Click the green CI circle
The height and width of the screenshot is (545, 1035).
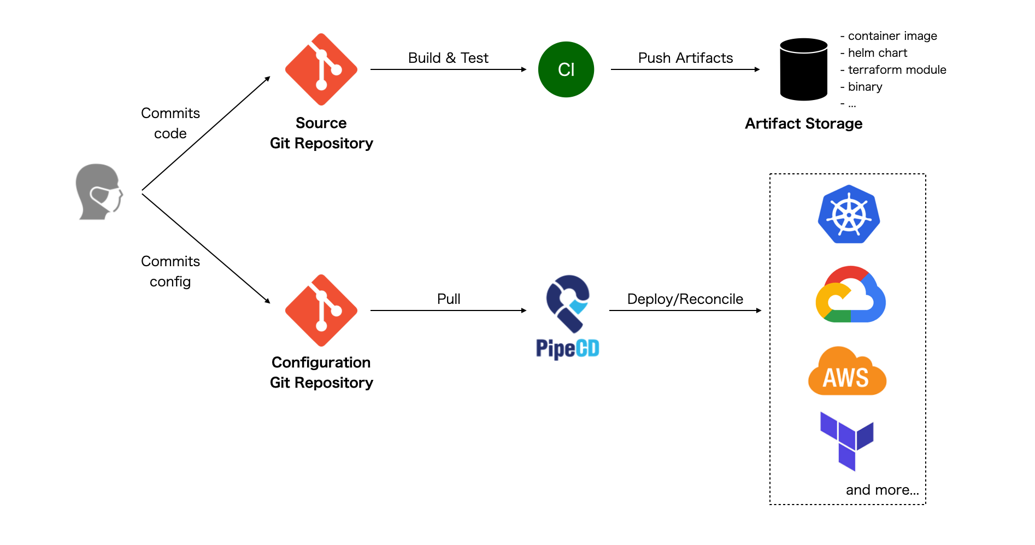(x=566, y=69)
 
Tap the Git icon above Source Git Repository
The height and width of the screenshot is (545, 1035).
(x=321, y=69)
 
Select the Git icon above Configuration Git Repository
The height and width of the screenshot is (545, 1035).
(x=321, y=310)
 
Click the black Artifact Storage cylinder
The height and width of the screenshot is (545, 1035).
(x=803, y=69)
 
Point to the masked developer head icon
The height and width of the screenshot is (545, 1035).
(x=99, y=192)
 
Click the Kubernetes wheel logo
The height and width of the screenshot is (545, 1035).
(x=849, y=215)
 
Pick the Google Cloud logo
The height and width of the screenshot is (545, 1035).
(x=850, y=295)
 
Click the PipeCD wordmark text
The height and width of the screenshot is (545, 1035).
(x=567, y=348)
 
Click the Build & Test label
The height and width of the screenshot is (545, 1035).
(x=448, y=58)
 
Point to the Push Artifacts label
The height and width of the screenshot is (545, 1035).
(x=685, y=58)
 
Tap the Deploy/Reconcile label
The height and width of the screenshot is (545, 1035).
(x=685, y=299)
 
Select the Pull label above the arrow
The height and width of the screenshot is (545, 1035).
(x=449, y=299)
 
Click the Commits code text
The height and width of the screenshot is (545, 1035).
(x=170, y=123)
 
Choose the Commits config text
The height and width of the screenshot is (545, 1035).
(x=170, y=271)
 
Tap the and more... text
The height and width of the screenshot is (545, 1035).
(x=882, y=490)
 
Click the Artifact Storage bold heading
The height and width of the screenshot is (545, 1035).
(x=803, y=124)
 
